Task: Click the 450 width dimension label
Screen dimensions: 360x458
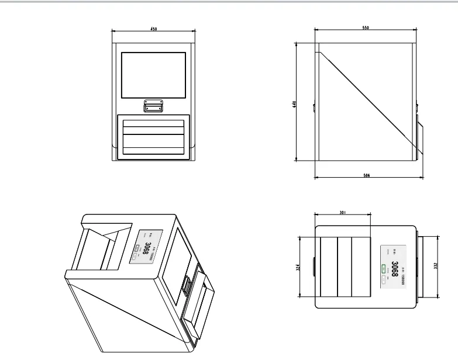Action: (x=154, y=29)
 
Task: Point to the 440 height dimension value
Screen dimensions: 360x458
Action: (x=295, y=103)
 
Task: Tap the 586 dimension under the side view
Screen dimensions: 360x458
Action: (x=367, y=175)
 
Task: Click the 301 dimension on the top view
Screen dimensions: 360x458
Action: (x=342, y=213)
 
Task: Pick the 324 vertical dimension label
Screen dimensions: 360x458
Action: (x=298, y=267)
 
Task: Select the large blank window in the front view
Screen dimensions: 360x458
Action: (x=153, y=74)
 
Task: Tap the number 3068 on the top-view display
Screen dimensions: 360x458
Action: (x=395, y=268)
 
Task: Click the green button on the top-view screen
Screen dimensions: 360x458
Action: (x=384, y=269)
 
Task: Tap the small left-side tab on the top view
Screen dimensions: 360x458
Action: (x=314, y=266)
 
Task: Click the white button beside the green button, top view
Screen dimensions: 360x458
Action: (x=384, y=280)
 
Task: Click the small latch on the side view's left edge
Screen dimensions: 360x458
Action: (x=315, y=108)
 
